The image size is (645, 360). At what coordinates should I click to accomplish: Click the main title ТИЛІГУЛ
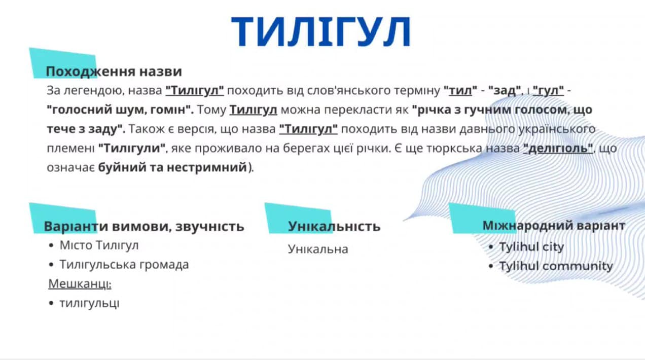pyautogui.click(x=321, y=31)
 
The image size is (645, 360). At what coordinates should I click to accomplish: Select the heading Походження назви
pyautogui.click(x=114, y=71)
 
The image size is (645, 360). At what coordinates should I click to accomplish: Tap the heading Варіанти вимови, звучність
pyautogui.click(x=144, y=226)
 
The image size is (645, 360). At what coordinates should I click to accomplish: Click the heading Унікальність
pyautogui.click(x=334, y=226)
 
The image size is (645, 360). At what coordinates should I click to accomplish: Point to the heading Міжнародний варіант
pyautogui.click(x=554, y=226)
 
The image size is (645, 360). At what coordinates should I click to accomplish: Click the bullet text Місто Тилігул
pyautogui.click(x=99, y=245)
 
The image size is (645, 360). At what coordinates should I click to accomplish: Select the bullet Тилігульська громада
pyautogui.click(x=124, y=265)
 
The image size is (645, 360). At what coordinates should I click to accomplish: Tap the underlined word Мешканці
pyautogui.click(x=80, y=284)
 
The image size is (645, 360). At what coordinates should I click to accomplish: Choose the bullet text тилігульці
pyautogui.click(x=89, y=303)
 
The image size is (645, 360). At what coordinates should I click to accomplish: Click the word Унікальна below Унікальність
pyautogui.click(x=318, y=249)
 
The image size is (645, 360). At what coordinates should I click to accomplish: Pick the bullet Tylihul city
pyautogui.click(x=531, y=247)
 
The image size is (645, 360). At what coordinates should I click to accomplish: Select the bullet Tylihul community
pyautogui.click(x=556, y=266)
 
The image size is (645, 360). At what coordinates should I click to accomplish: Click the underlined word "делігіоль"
pyautogui.click(x=558, y=149)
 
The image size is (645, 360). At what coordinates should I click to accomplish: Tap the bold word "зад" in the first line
pyautogui.click(x=505, y=90)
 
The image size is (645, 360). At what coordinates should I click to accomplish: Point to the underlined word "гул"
pyautogui.click(x=548, y=90)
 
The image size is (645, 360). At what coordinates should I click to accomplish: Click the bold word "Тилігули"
pyautogui.click(x=132, y=149)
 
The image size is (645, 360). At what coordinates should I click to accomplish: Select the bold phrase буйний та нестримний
pyautogui.click(x=172, y=167)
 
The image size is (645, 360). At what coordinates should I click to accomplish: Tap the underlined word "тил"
pyautogui.click(x=460, y=90)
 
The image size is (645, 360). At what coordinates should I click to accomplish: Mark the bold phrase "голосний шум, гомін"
pyautogui.click(x=120, y=110)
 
